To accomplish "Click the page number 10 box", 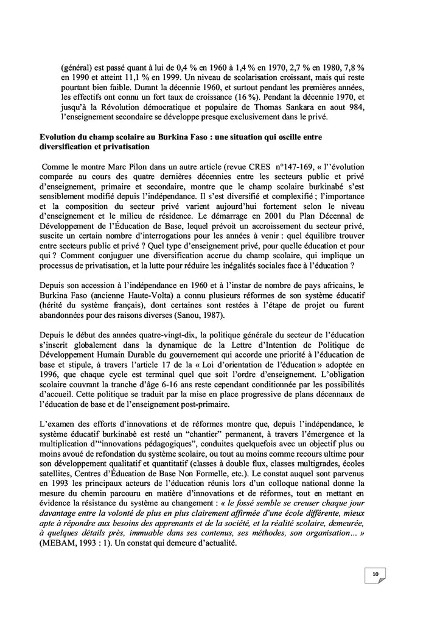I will pyautogui.click(x=375, y=574).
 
